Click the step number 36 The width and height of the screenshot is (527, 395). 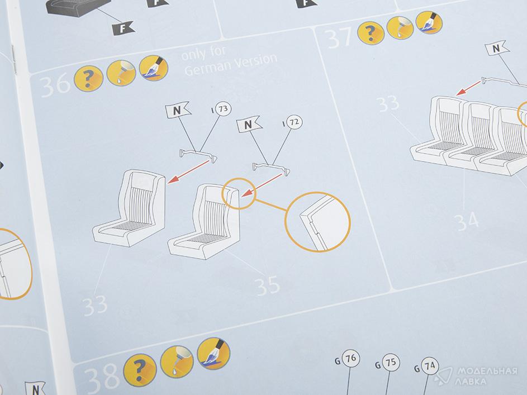(x=55, y=85)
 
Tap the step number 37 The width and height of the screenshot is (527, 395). (x=339, y=38)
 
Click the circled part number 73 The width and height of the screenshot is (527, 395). (x=223, y=109)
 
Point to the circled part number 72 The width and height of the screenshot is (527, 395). (x=294, y=122)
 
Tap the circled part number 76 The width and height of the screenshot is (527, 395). (x=350, y=359)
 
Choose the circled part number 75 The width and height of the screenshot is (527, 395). (x=390, y=363)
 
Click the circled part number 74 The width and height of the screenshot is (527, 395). (x=430, y=365)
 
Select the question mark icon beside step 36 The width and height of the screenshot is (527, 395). (x=88, y=79)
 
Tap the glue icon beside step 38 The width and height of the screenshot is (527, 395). (x=177, y=361)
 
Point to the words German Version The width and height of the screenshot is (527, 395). (x=231, y=64)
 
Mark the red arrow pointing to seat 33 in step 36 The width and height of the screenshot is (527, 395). (x=188, y=172)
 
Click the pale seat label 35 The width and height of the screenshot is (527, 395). (x=268, y=286)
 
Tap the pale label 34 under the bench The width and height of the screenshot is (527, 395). (x=466, y=221)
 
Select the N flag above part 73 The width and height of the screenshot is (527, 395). (x=178, y=110)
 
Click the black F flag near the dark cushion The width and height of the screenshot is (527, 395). (x=123, y=28)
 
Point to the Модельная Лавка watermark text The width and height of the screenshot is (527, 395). (x=487, y=376)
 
